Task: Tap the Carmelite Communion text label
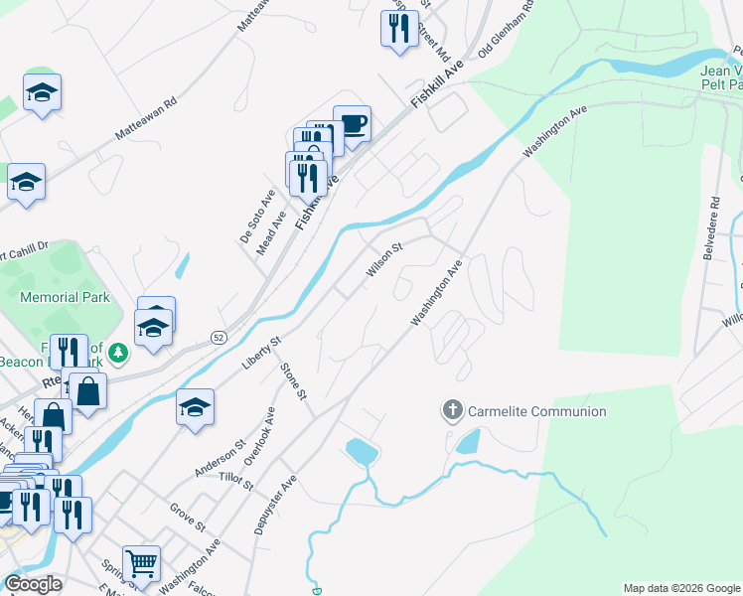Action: click(x=537, y=411)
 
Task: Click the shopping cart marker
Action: click(x=142, y=564)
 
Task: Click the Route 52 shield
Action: click(x=218, y=338)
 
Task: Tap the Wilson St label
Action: click(x=383, y=259)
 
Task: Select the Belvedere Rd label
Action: click(x=709, y=234)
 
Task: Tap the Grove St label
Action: click(x=187, y=517)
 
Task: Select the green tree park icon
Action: click(x=118, y=353)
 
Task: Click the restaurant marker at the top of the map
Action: click(x=398, y=29)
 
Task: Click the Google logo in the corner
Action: click(x=34, y=584)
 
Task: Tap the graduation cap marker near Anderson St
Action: click(x=196, y=407)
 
